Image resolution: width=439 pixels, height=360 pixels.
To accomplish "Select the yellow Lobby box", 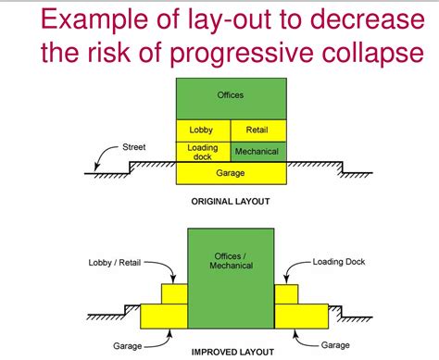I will pos(201,130).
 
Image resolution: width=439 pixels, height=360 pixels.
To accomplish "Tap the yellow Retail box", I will pos(258,130).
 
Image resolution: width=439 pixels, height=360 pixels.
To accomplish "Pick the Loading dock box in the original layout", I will pos(201,151).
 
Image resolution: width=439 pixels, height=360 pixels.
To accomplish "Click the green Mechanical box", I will pos(257,151).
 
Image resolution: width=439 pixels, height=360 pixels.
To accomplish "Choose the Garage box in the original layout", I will pos(231,172).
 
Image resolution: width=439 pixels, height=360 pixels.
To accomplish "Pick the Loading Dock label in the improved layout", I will pos(338,262).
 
